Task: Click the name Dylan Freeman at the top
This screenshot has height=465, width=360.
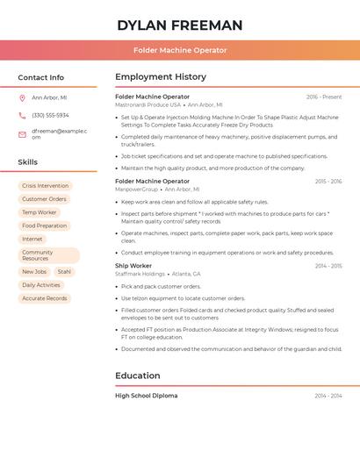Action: [180, 25]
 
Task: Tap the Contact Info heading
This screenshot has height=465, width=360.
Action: [40, 77]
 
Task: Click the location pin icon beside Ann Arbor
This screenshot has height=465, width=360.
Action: [22, 97]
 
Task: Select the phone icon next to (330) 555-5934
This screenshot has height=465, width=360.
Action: [22, 115]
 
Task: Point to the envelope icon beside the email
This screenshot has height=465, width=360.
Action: [22, 134]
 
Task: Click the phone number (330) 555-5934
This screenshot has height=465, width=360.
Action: [50, 115]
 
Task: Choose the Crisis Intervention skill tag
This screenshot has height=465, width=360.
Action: [45, 186]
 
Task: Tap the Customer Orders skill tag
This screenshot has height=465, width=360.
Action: [44, 199]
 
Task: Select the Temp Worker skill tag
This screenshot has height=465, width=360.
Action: [39, 212]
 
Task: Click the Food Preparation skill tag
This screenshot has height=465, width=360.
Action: [44, 225]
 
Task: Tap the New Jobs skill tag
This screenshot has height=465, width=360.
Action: [34, 272]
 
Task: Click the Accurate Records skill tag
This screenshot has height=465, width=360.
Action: [44, 298]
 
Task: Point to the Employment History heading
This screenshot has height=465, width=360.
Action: [161, 77]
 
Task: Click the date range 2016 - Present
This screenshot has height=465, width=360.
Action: [324, 97]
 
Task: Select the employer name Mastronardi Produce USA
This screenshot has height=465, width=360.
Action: [148, 104]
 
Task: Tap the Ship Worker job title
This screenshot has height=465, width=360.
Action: [133, 265]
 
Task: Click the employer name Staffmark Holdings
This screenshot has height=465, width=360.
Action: [140, 274]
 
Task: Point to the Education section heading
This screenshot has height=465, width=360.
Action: [138, 376]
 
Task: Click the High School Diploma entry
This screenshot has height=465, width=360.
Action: [147, 396]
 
